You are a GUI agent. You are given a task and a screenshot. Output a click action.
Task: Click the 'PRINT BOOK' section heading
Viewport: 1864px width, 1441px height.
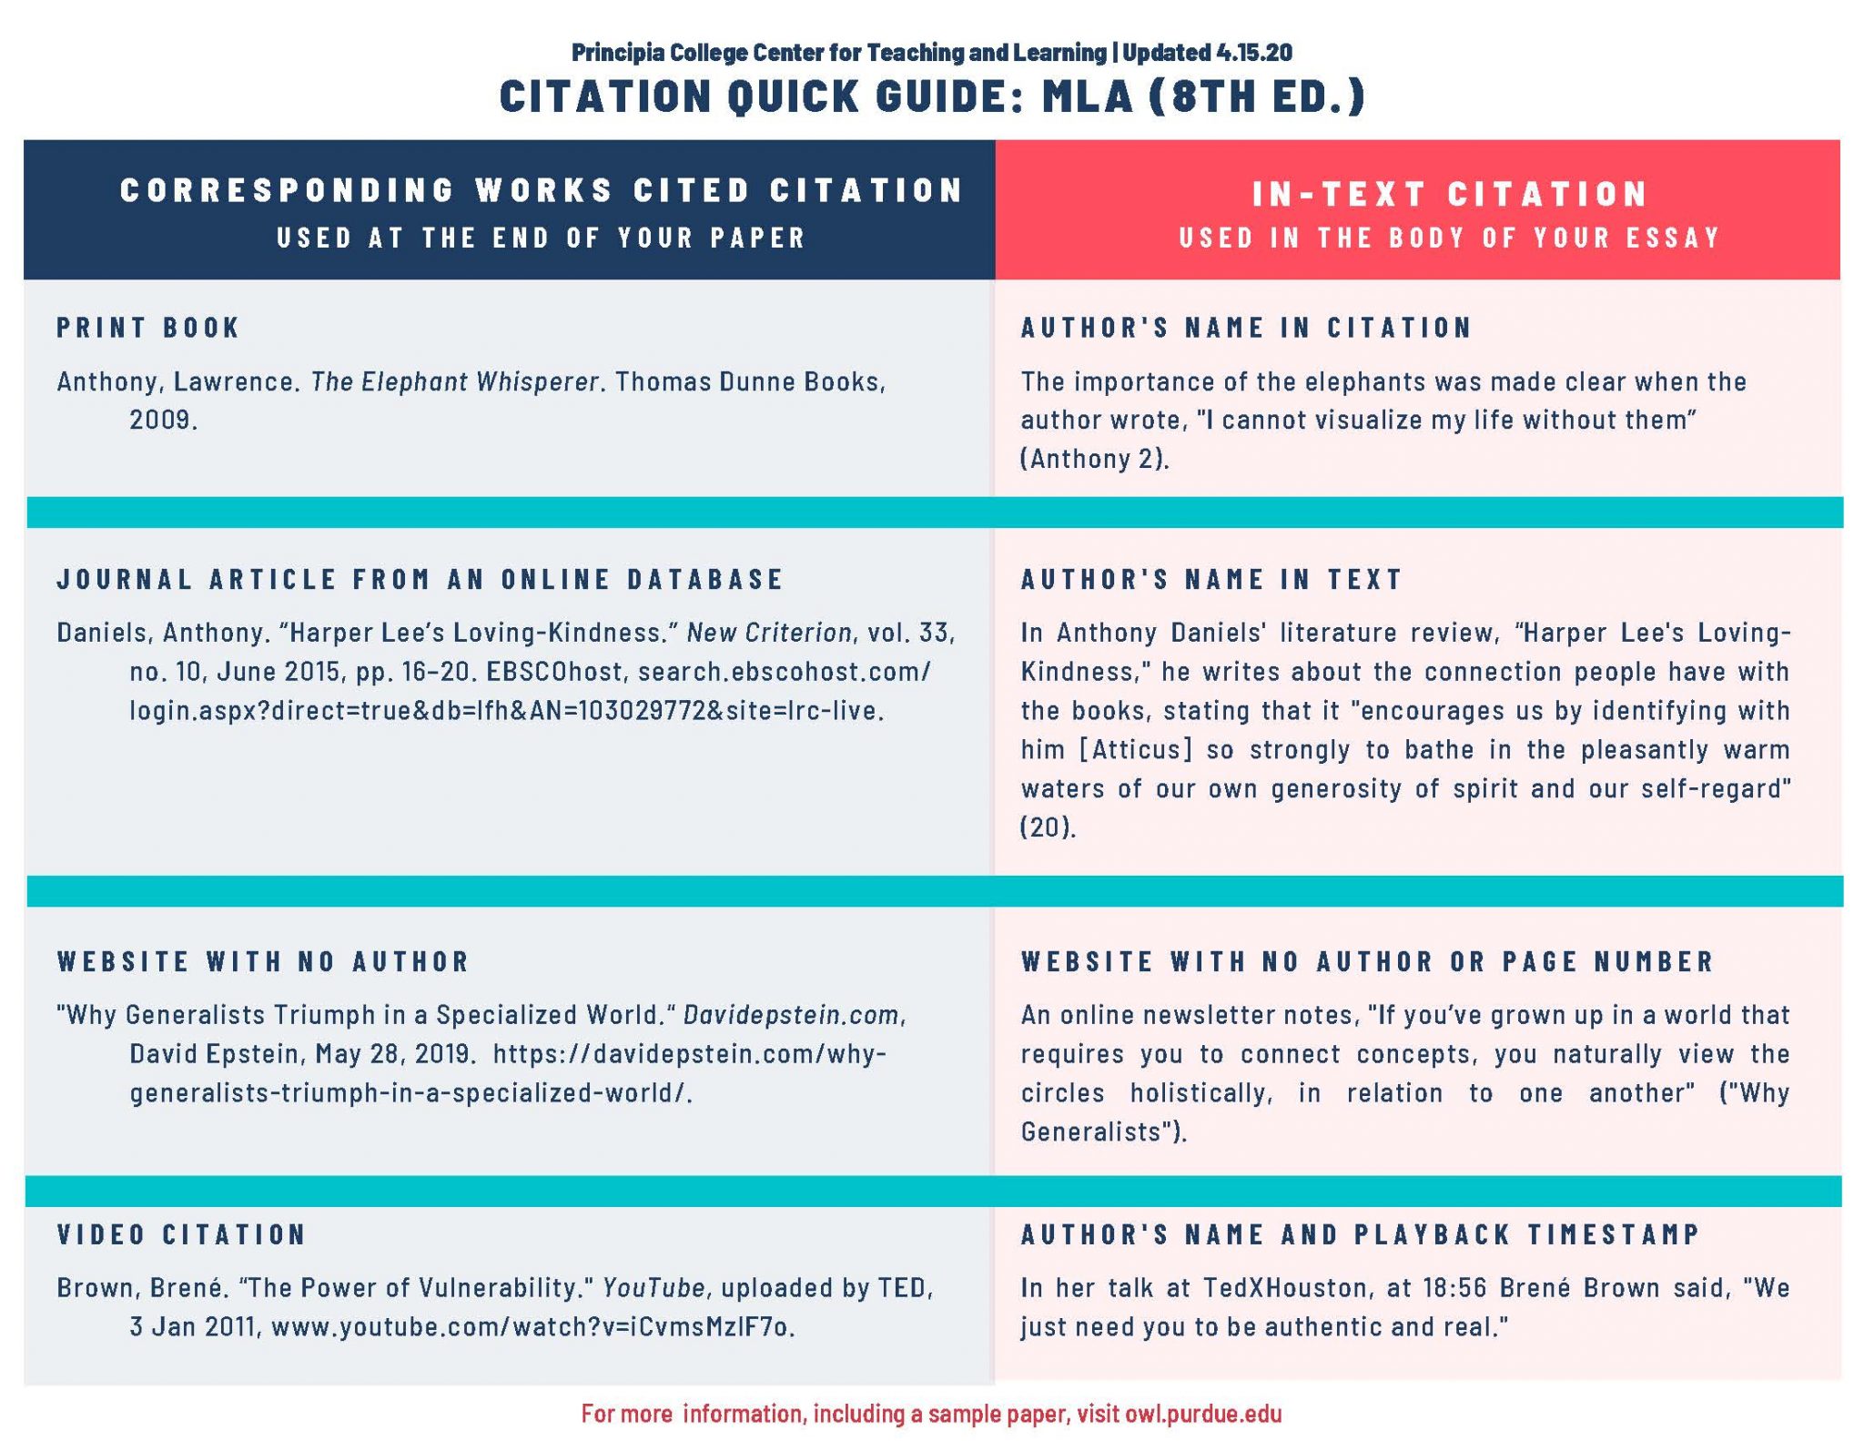147,328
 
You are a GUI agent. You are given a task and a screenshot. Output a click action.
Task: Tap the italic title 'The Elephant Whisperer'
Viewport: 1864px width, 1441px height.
454,381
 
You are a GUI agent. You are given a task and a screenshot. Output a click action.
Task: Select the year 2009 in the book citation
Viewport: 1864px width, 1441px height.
162,421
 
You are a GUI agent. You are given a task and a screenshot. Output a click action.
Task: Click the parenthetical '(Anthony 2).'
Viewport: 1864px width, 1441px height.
1094,459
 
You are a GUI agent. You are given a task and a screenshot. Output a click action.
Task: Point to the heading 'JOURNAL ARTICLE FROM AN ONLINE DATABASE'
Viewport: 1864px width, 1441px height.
420,579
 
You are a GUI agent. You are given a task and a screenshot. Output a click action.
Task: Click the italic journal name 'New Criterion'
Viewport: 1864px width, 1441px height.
769,633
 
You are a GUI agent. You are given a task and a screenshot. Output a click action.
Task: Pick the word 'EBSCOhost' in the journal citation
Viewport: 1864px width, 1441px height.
554,672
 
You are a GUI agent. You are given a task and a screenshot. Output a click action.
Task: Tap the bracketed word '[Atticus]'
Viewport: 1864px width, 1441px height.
1135,750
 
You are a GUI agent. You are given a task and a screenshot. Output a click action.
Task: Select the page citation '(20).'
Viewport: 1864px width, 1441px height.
1048,827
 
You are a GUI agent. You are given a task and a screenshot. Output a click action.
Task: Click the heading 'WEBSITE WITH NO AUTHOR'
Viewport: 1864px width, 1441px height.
263,961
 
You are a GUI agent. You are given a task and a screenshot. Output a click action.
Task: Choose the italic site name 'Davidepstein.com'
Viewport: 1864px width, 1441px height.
792,1015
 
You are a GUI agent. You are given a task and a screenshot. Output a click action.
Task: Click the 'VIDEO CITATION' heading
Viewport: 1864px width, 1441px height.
182,1234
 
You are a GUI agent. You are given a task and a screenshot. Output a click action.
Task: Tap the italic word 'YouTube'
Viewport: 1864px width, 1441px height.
653,1288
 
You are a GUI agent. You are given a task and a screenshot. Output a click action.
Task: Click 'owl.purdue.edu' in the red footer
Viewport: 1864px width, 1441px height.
1203,1414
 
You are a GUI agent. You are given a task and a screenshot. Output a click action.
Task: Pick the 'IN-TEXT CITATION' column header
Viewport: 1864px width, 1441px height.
1450,194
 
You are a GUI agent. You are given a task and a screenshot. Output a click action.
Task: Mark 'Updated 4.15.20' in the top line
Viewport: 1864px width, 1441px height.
1207,53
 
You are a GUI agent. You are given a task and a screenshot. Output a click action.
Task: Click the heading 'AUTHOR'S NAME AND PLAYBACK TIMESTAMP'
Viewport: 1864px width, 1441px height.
1360,1234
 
